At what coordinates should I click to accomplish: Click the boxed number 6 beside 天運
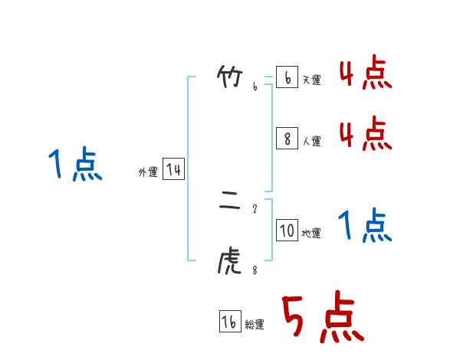pos(287,78)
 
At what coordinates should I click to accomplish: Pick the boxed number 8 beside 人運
pos(287,138)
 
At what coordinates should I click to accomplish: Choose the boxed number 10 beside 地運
pos(287,230)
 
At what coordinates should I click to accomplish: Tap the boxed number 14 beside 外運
pos(173,169)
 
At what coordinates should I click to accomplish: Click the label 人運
pos(311,141)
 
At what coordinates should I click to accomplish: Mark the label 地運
pos(311,233)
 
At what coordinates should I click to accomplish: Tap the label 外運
pos(148,172)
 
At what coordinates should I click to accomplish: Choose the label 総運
pos(255,325)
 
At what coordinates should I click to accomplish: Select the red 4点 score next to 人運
pos(366,136)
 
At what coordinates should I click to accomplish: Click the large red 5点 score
pos(321,318)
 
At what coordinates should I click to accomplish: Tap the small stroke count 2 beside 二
pos(255,208)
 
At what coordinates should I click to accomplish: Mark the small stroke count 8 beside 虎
pos(255,270)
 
